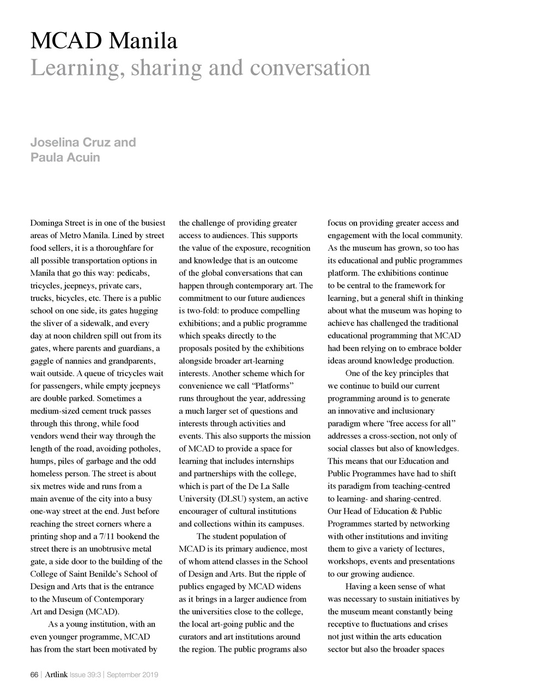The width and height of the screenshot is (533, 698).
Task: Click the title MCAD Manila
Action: coord(104,41)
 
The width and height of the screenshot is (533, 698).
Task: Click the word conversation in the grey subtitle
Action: coord(310,68)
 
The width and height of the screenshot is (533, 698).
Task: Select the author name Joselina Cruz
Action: coord(83,142)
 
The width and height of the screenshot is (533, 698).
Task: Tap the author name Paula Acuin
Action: coord(65,158)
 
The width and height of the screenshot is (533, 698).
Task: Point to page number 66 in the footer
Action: coord(34,675)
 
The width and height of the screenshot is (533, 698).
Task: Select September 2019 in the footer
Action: coord(132,675)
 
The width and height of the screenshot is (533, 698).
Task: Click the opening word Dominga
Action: coord(47,223)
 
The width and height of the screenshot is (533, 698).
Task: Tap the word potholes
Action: coord(143,449)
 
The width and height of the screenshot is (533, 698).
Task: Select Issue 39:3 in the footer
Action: coord(86,675)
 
